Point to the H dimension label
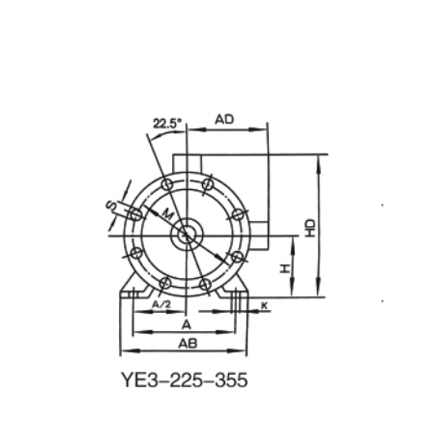click(285, 269)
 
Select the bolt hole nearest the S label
click(135, 214)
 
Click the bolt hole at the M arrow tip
click(237, 257)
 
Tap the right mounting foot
click(238, 290)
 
